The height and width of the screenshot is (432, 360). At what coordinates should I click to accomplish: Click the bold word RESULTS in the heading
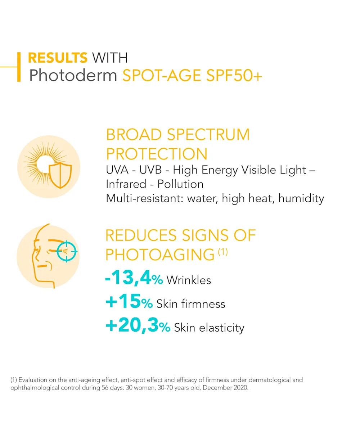(58, 58)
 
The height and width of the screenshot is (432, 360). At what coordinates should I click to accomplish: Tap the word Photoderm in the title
(73, 75)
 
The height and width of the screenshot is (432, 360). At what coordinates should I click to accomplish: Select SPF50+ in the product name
(234, 76)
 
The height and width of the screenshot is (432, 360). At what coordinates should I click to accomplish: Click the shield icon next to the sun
(60, 175)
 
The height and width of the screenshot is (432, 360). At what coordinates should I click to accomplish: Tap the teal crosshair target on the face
(67, 251)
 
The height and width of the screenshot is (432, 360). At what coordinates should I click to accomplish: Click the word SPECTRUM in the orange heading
(208, 135)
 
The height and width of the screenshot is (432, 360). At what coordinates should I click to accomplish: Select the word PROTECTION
(157, 154)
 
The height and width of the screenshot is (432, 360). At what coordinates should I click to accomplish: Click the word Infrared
(126, 184)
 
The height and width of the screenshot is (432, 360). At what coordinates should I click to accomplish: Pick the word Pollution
(180, 184)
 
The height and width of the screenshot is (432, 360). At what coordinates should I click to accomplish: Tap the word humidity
(301, 198)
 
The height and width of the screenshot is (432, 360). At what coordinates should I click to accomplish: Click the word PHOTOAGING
(160, 255)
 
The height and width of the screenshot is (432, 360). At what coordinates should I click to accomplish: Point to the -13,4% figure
(134, 278)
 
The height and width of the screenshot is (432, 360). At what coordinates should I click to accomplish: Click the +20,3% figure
(138, 325)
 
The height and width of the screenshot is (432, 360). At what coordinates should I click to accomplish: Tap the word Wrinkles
(189, 280)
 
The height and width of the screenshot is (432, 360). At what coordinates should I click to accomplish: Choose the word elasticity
(222, 328)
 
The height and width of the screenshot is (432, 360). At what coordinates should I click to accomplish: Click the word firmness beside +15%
(203, 304)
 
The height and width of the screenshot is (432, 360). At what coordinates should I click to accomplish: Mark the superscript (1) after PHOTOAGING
(223, 252)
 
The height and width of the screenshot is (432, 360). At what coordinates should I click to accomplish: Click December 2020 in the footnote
(225, 387)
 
